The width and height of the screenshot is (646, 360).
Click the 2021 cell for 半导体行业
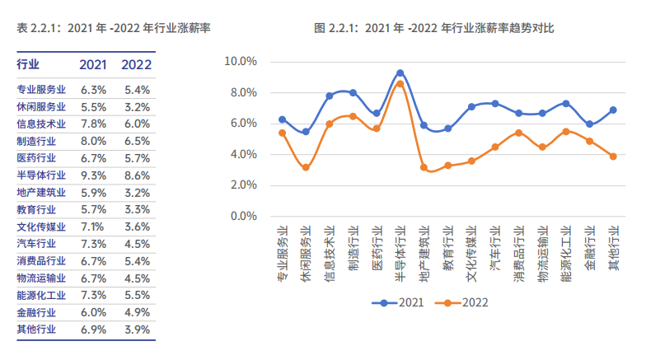point(94,175)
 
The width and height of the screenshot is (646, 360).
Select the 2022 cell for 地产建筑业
point(137,192)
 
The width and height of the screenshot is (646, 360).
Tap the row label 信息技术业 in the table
point(41,124)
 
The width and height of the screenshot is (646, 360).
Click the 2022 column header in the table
point(137,64)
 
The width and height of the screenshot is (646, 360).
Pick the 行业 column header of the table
point(28,64)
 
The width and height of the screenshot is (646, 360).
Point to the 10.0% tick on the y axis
point(241,62)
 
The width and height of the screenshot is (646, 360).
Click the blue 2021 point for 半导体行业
point(400,73)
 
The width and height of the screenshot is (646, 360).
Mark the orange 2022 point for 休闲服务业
point(306,167)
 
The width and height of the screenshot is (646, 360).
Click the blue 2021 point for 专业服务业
point(282,119)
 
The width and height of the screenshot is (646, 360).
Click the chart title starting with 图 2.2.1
point(434,28)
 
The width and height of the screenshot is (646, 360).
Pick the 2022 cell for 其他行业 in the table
point(137,330)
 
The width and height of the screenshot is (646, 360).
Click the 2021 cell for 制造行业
point(94,141)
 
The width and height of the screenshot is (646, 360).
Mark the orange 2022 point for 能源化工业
point(566,132)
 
